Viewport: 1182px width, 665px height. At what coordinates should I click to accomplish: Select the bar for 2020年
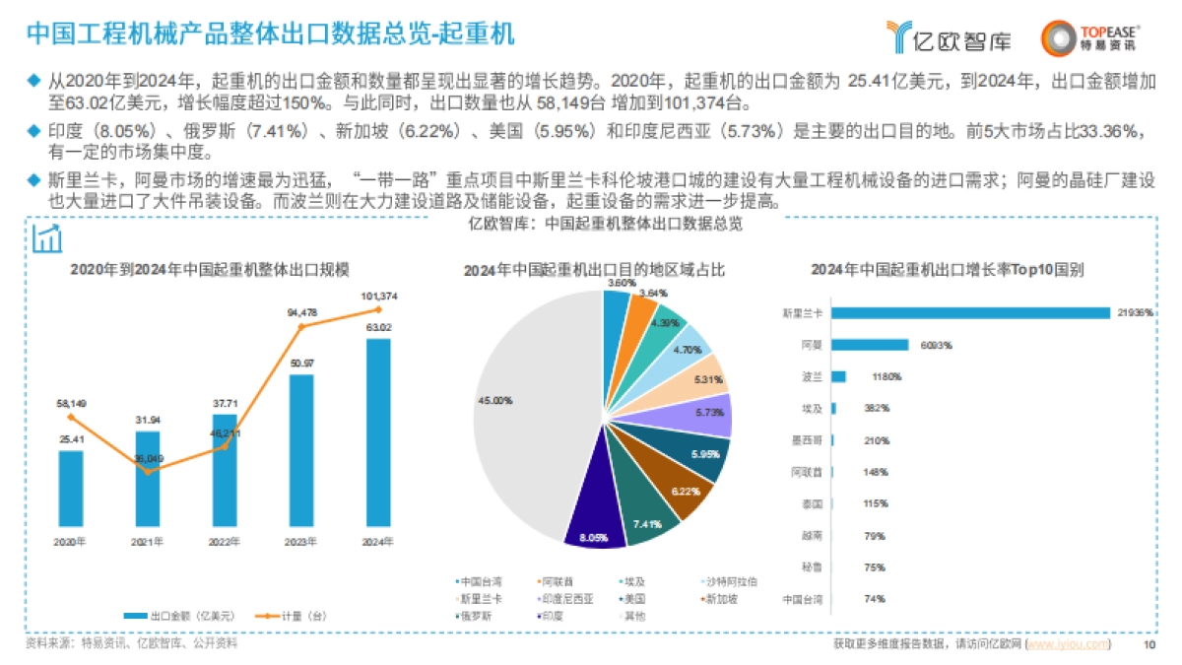(71, 488)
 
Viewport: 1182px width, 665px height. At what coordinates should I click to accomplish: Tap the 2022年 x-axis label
(225, 541)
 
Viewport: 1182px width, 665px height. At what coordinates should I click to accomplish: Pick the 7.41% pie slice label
(647, 524)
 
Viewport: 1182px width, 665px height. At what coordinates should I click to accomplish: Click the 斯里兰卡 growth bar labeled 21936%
(971, 312)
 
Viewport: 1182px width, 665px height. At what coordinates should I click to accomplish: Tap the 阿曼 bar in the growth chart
(870, 345)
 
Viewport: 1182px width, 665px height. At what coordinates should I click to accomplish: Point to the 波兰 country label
(811, 376)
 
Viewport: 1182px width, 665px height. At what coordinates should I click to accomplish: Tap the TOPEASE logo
(1090, 37)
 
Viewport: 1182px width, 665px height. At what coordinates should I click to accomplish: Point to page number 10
(1149, 644)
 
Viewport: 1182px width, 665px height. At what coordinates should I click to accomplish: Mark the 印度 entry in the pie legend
(548, 616)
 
